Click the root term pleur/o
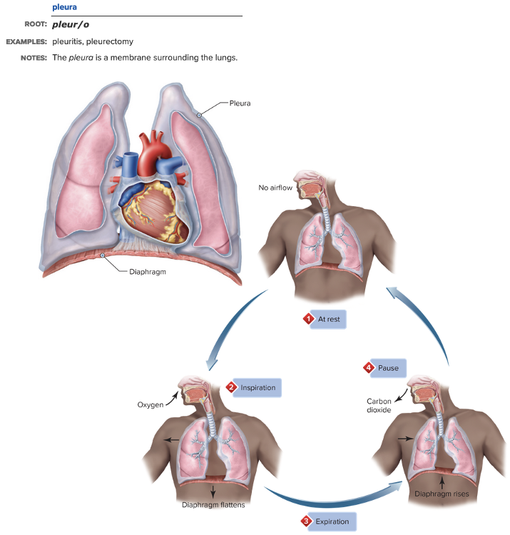pos(71,24)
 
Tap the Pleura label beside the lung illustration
pos(240,103)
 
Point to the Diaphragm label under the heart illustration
pos(148,271)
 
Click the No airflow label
pos(275,188)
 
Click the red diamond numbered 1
pos(308,319)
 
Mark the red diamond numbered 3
pos(307,521)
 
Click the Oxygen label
pos(151,404)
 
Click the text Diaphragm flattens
pos(214,506)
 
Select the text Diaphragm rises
pos(442,493)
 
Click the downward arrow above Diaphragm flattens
pos(213,491)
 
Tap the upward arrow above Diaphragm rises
pos(442,480)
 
